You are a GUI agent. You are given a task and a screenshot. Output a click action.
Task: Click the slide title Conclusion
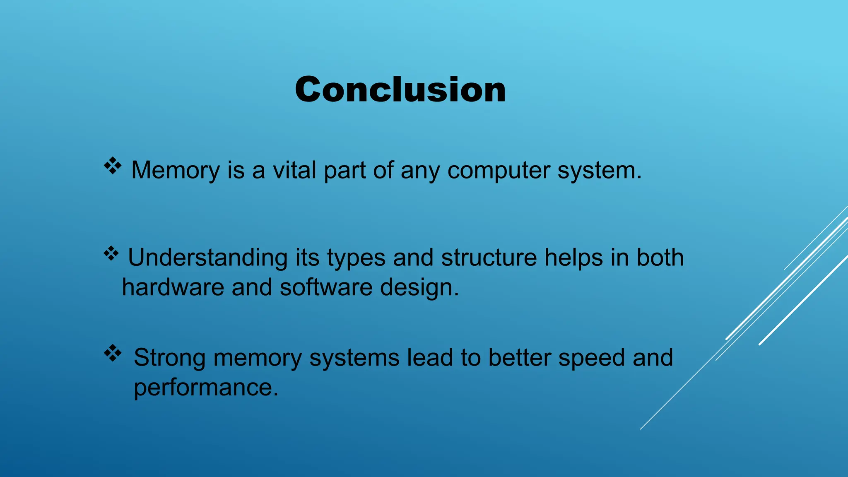[400, 90]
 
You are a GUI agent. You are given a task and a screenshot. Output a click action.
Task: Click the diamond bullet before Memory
[112, 166]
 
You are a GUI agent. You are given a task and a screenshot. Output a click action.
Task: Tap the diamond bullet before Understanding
[111, 253]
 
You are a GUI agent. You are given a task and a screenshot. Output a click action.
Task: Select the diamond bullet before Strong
[113, 353]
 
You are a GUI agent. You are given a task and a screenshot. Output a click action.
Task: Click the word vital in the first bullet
[294, 170]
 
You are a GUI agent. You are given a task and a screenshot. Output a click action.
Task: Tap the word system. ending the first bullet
[599, 171]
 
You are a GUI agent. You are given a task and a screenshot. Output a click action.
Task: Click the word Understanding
[207, 258]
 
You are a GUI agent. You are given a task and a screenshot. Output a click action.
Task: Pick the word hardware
[173, 287]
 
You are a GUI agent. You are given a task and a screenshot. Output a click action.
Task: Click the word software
[326, 287]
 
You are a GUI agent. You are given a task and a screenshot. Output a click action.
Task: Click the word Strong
[169, 358]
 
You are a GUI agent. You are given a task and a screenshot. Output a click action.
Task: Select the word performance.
[206, 388]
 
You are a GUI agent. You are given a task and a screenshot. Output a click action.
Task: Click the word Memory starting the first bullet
[175, 171]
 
